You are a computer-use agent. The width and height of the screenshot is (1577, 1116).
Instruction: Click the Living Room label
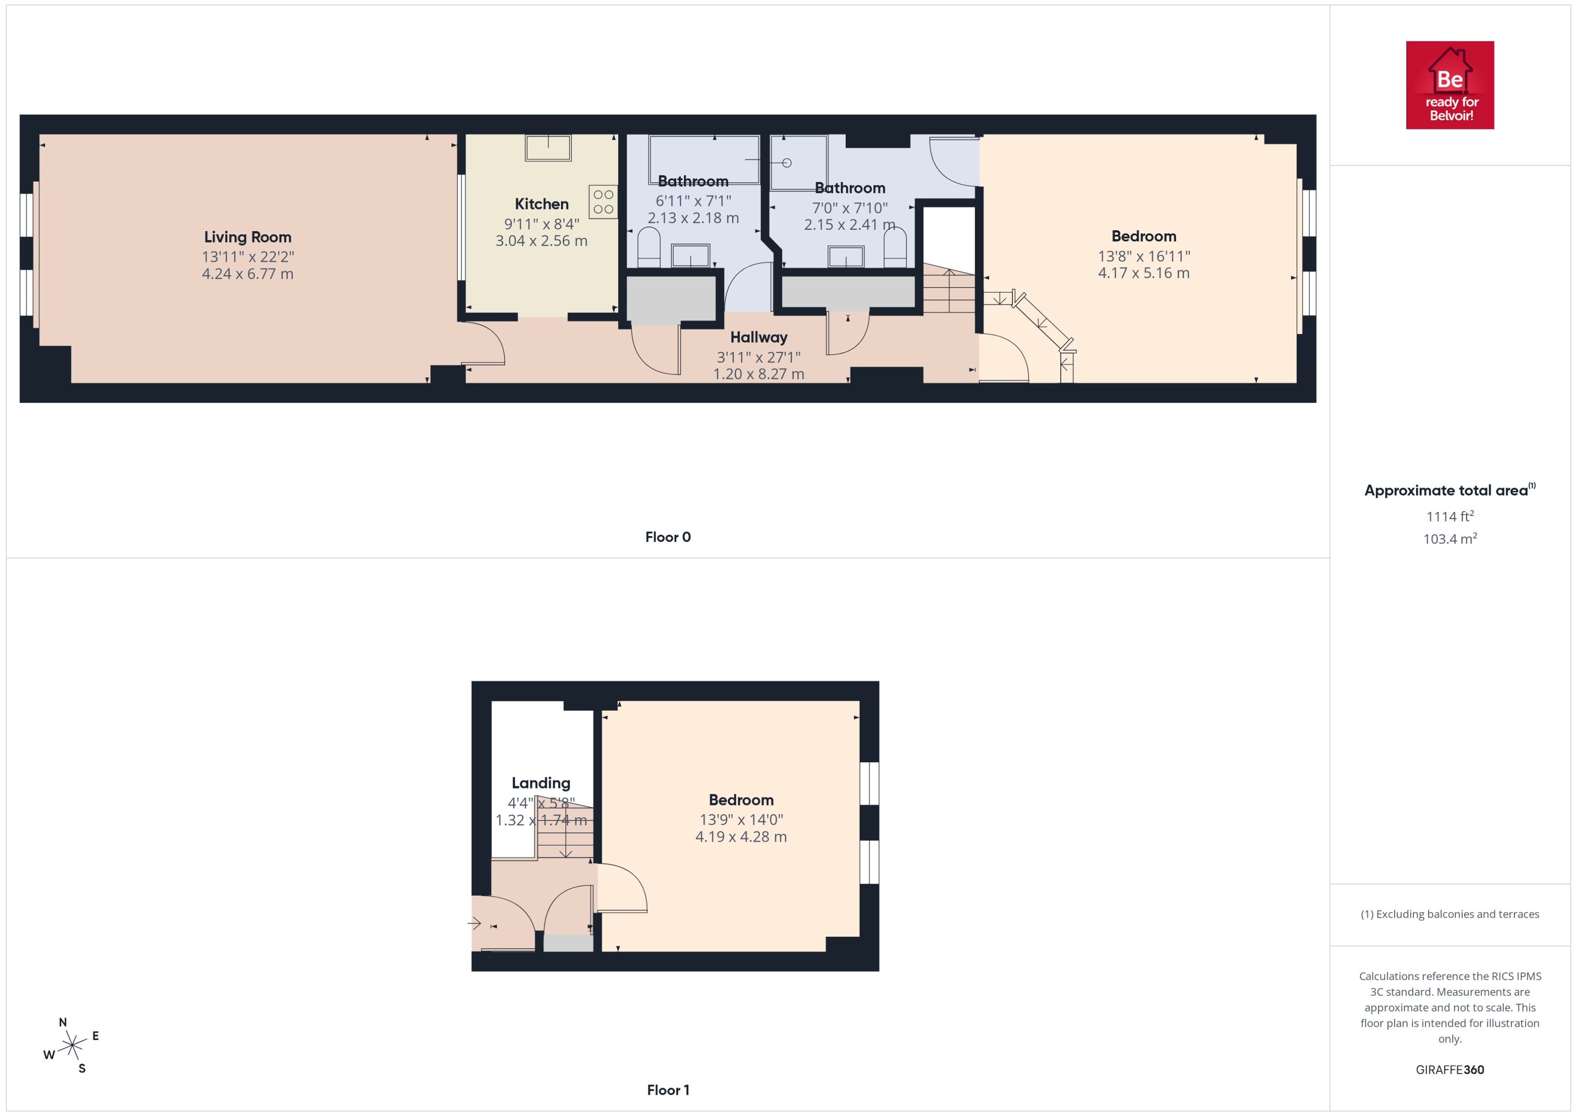(247, 237)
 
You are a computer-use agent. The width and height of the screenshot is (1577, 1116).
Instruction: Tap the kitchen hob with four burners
(602, 202)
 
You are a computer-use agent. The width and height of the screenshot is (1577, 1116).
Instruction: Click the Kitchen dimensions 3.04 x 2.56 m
(542, 241)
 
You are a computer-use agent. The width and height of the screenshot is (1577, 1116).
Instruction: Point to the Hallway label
(759, 337)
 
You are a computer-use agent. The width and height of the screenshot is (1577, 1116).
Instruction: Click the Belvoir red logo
(1450, 85)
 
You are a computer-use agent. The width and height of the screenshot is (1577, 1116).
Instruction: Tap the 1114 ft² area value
(1450, 516)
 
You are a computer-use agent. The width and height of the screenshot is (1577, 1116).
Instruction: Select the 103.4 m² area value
(1450, 539)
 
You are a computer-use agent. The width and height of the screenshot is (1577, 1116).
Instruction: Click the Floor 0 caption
(668, 538)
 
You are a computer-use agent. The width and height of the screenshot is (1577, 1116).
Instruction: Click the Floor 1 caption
(668, 1090)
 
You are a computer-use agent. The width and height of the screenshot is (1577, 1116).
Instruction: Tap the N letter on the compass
(63, 1023)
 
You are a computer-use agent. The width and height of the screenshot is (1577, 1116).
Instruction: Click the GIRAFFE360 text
(1450, 1070)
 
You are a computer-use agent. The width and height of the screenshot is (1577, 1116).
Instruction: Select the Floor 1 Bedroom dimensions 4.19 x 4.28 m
(741, 837)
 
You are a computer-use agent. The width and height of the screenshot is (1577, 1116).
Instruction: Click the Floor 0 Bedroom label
(1144, 237)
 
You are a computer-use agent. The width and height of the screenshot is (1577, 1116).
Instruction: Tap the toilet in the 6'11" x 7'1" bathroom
(649, 247)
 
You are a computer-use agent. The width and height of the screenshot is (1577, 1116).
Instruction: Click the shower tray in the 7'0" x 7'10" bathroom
(798, 162)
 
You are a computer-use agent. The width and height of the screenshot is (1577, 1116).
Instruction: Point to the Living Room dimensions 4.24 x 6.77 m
(247, 274)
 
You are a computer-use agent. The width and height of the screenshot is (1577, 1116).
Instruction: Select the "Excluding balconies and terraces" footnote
(1450, 914)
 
